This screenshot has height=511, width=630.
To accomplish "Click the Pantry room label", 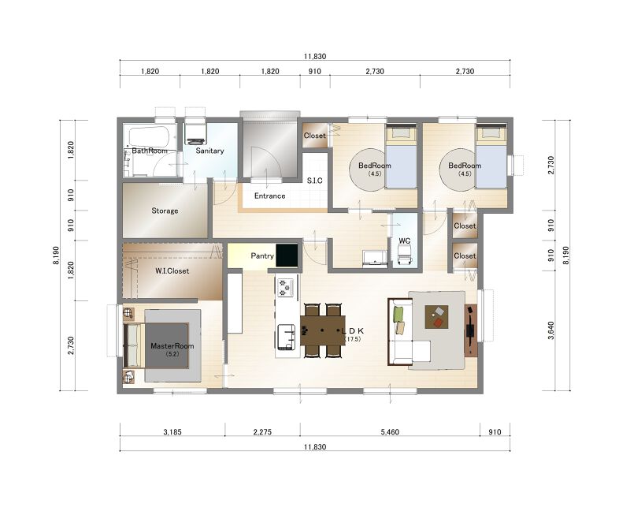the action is (x=262, y=256).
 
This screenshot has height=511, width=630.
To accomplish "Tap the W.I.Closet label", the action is (x=172, y=271).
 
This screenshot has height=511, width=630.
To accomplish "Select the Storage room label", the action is (x=165, y=211).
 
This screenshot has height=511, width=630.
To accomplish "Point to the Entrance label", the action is (x=269, y=196).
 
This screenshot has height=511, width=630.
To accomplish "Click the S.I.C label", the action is (x=314, y=181).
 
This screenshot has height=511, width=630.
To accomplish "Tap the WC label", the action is (x=405, y=241).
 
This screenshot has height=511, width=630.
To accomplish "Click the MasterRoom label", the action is (x=172, y=346).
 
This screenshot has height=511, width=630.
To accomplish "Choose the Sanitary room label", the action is (x=209, y=151).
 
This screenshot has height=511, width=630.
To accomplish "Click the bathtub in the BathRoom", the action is (x=149, y=137).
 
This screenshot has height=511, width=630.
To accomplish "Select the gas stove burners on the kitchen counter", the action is (x=286, y=287).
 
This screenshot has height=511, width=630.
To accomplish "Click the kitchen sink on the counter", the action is (x=287, y=336).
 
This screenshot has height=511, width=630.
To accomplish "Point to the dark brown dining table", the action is (x=323, y=330).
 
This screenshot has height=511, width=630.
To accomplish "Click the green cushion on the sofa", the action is (x=398, y=314).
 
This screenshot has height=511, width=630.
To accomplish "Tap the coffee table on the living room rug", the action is (x=437, y=317).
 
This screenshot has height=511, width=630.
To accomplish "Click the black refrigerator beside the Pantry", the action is (x=287, y=255).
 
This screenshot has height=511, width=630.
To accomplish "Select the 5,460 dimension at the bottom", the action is (x=390, y=432).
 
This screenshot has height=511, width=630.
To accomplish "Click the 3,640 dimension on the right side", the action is (x=550, y=330).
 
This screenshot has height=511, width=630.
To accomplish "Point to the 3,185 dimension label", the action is (x=172, y=432).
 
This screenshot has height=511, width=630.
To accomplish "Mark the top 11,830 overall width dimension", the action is (x=315, y=57).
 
